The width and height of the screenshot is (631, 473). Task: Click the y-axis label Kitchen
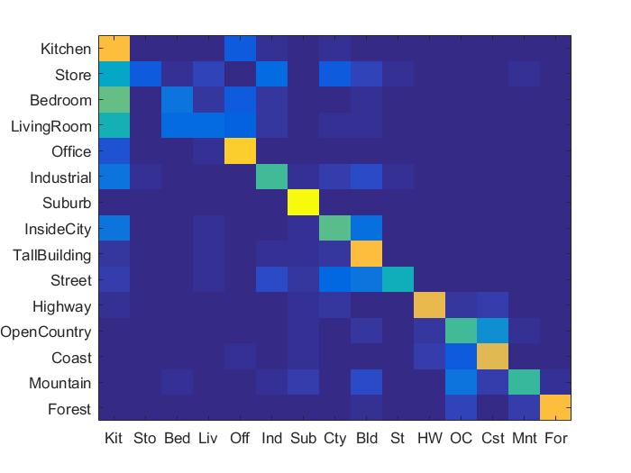point(64,49)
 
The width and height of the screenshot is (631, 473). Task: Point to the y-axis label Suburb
point(67,204)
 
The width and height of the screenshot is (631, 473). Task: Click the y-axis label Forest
point(69,409)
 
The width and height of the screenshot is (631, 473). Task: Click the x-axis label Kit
point(114,439)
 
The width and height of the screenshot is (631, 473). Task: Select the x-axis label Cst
point(492,439)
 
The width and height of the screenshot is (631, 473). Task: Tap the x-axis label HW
point(429,439)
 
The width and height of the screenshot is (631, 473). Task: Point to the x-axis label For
point(555,439)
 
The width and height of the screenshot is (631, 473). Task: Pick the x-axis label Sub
point(303,439)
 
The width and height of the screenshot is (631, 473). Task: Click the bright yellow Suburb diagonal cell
point(303,204)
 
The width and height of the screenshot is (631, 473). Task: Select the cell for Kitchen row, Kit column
point(114,49)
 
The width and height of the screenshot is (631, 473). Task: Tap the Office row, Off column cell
point(240,152)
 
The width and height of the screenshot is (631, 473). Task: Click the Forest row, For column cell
point(555,409)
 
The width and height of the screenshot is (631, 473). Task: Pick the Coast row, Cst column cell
point(492,358)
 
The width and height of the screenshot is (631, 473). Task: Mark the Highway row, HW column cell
point(429,306)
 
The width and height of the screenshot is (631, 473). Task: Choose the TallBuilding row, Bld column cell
point(366,255)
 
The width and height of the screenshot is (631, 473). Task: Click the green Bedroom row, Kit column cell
point(114,100)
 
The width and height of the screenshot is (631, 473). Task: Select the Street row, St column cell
point(398,280)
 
